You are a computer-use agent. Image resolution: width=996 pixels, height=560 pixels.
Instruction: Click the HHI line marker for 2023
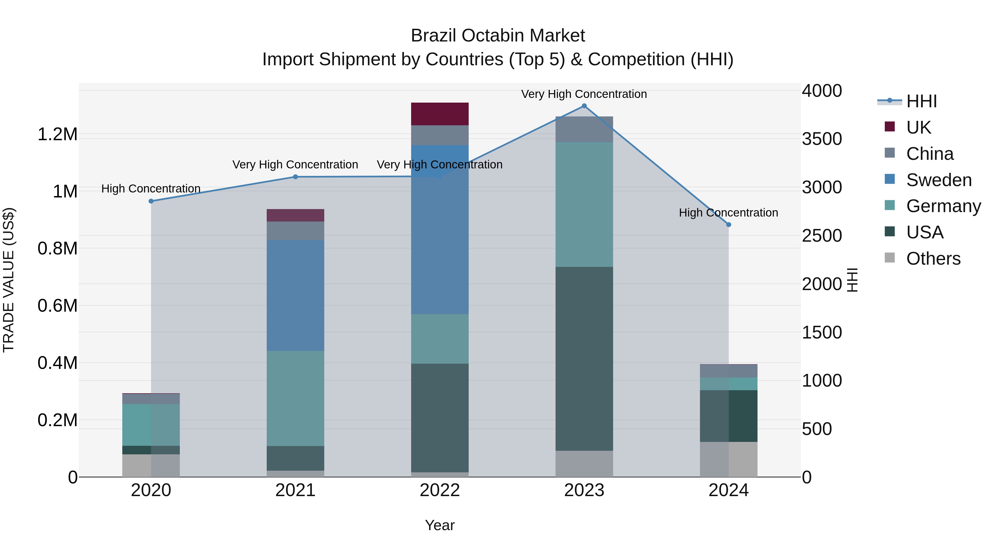(584, 106)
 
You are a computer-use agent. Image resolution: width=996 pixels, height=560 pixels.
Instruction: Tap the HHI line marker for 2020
(151, 201)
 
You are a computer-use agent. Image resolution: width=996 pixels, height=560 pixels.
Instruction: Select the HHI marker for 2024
(728, 225)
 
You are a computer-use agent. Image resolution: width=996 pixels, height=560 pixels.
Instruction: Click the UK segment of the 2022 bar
(440, 114)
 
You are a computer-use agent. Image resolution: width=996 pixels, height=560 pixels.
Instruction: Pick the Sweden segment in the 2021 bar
(295, 295)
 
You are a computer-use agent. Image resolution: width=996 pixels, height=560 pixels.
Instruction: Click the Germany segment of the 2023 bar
(584, 204)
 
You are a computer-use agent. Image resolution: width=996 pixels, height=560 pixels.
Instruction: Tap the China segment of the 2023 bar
(584, 129)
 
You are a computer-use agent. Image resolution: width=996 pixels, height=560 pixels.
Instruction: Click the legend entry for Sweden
(938, 180)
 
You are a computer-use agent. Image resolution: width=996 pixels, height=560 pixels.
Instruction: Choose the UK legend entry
(918, 127)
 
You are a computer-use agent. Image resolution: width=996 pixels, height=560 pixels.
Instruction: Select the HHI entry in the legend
(921, 101)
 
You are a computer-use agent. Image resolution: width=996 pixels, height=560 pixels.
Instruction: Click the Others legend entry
(933, 259)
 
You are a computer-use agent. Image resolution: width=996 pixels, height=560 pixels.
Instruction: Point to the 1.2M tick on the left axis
(57, 134)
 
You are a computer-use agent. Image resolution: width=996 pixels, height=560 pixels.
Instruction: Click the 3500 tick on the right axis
(822, 139)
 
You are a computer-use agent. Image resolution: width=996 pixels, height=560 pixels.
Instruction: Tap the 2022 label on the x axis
(440, 490)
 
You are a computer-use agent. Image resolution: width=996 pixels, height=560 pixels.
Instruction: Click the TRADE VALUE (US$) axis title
(9, 280)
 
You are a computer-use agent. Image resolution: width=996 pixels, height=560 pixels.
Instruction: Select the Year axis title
(440, 525)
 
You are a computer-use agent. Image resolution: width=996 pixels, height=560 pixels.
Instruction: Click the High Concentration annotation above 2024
(728, 213)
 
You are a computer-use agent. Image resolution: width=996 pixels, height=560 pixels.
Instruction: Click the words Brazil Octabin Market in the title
(498, 36)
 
